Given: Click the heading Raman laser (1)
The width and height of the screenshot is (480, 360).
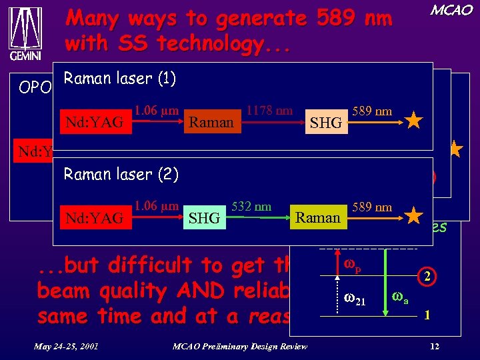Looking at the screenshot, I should [119, 79].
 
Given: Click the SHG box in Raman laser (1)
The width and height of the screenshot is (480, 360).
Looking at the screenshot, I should [326, 123].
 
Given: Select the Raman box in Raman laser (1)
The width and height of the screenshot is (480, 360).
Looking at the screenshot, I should [211, 122].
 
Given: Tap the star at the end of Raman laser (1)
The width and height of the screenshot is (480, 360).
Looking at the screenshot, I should [413, 121].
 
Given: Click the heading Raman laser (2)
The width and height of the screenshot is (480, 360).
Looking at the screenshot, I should [121, 175].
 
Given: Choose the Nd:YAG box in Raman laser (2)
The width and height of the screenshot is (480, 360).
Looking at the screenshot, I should [95, 217].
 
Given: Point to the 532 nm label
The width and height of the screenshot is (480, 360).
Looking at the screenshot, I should [251, 207].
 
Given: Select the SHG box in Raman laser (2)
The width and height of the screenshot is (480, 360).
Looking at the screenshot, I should [204, 218].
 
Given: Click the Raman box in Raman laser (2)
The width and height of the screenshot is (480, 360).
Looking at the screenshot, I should [318, 217].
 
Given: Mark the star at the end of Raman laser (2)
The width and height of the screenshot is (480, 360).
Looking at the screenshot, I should [414, 216].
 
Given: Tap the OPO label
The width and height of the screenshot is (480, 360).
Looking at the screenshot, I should [34, 87].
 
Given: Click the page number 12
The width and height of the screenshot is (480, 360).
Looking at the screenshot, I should [434, 345].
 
